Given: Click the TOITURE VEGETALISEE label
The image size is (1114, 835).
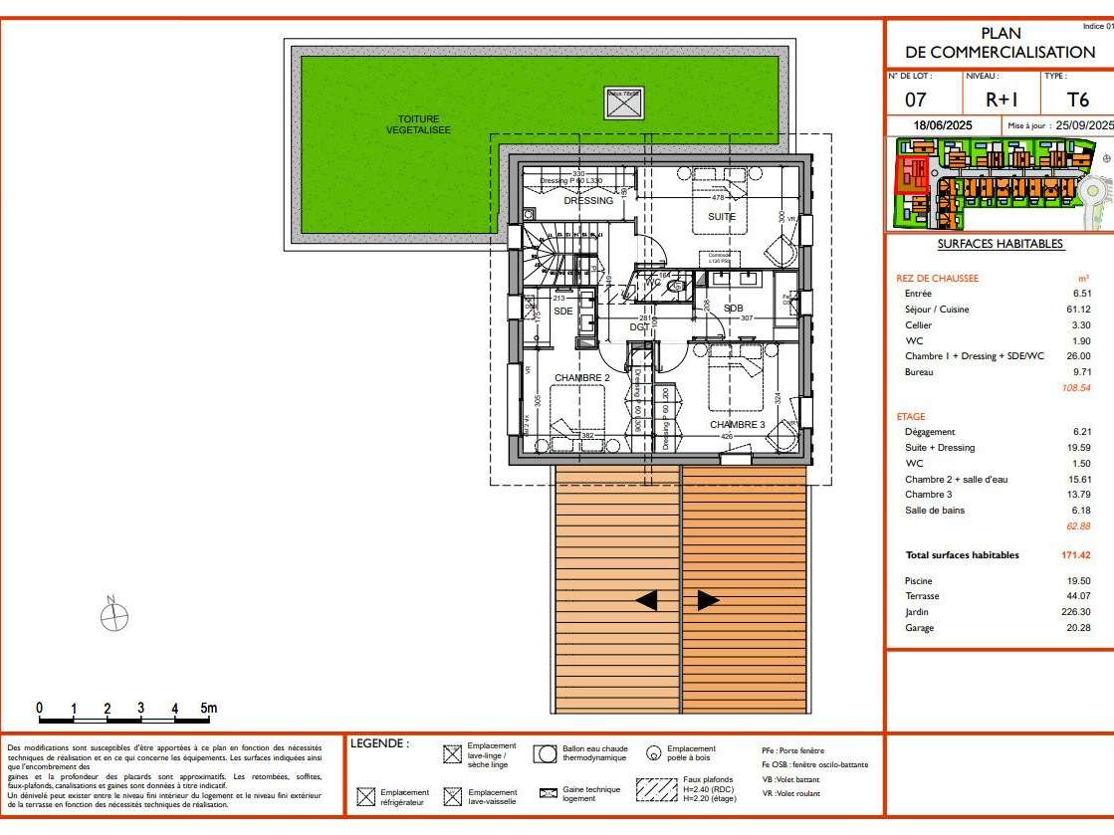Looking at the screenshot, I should (418, 124).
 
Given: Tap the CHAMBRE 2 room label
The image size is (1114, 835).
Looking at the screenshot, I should (581, 378).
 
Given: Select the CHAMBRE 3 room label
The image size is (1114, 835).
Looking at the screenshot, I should (737, 425).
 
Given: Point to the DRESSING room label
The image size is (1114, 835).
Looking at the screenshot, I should (588, 201).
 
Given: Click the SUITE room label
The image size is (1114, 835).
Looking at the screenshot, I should (722, 216).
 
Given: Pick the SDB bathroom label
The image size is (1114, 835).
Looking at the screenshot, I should (733, 309).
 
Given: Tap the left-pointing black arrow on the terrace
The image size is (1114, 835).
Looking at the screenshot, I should (647, 600).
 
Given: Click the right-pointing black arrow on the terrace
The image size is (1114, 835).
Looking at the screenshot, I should (708, 600).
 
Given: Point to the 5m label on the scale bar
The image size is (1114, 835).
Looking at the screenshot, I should (208, 709).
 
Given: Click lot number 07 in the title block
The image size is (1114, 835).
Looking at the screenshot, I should (916, 100).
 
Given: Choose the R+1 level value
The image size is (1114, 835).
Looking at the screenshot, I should (1001, 100).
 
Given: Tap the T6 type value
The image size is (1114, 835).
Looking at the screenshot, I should (1077, 100).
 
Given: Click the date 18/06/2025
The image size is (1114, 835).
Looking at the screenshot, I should (944, 125).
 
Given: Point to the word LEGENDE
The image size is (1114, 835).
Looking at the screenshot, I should (379, 743).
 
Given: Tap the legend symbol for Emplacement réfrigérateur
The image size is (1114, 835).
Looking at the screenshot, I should (364, 796).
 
